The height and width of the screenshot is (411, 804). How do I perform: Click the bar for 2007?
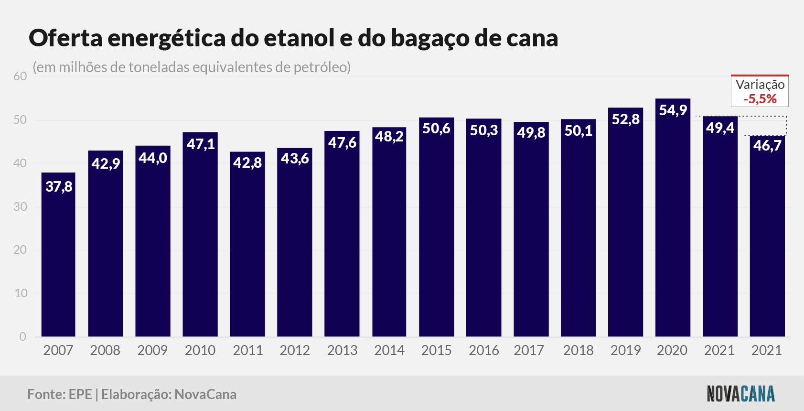(x=58, y=255)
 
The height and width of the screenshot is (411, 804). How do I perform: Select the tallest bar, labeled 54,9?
(x=673, y=217)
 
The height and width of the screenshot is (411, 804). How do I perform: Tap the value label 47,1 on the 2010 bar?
(x=201, y=144)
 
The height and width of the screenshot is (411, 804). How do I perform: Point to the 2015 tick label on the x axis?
(x=437, y=350)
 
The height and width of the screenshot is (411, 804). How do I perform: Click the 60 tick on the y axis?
(x=20, y=76)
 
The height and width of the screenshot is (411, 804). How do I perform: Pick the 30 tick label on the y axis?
(x=20, y=207)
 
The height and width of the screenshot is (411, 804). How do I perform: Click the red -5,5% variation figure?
(x=760, y=99)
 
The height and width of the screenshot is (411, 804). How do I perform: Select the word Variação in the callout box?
(x=760, y=85)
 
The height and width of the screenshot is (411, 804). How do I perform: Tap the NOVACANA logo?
(x=741, y=394)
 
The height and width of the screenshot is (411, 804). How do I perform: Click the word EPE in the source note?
(x=80, y=394)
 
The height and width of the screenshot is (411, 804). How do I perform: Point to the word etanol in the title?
(x=300, y=38)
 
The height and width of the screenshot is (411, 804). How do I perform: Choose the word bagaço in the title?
(x=430, y=39)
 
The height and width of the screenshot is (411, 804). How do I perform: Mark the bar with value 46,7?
(x=767, y=236)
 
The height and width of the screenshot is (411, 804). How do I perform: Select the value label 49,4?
(x=720, y=128)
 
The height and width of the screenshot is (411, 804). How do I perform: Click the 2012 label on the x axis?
(x=295, y=350)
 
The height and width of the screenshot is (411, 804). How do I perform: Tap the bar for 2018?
(x=578, y=228)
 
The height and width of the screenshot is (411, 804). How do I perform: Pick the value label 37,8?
(x=59, y=187)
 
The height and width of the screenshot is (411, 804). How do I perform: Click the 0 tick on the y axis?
(x=22, y=337)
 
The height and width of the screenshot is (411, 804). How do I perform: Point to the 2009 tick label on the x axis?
(x=152, y=350)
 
